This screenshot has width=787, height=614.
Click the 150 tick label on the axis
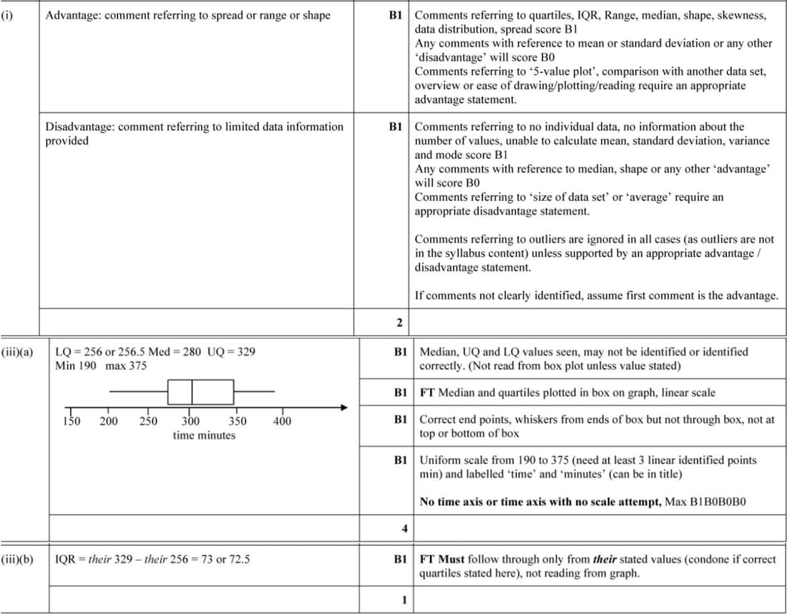72,421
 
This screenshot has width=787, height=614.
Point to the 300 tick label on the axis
190,421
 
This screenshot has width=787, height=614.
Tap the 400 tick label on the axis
282,421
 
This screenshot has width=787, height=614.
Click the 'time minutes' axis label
204,435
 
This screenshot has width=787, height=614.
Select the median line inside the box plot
192,392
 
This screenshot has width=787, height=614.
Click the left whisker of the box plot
139,392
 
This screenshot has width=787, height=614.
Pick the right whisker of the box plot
255,392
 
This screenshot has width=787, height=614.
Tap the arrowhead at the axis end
344,408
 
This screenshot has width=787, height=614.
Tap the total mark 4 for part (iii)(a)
404,529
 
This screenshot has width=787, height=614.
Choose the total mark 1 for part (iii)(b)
404,600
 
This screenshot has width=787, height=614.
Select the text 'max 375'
126,366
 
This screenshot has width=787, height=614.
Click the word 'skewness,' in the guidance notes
743,15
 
